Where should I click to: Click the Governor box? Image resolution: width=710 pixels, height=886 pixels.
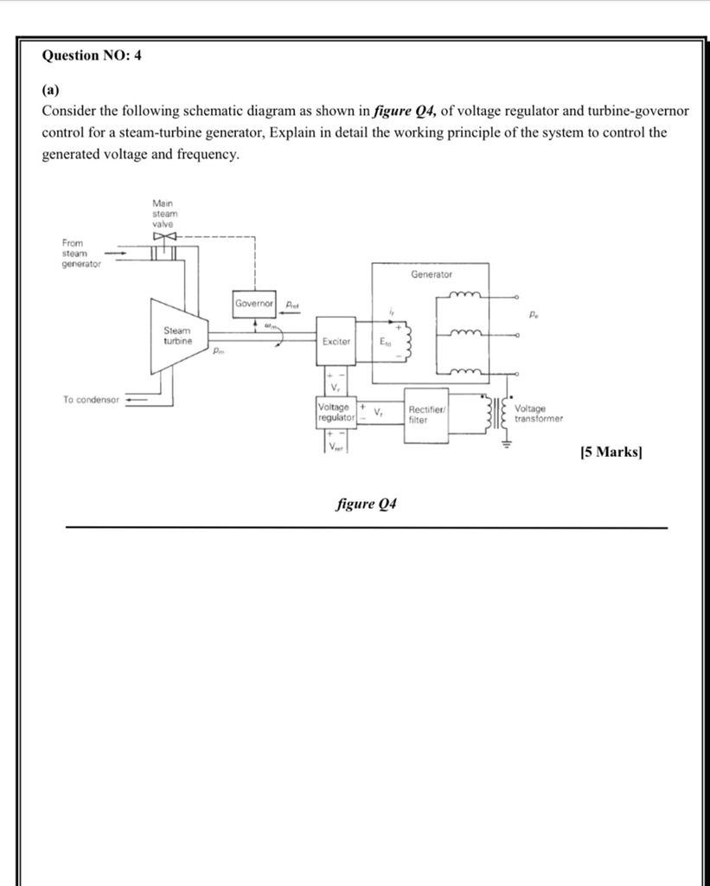(254, 305)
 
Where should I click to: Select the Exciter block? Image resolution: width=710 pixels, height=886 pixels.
(336, 342)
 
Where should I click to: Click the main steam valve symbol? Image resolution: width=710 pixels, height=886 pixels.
(163, 235)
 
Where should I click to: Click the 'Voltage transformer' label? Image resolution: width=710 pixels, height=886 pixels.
(538, 414)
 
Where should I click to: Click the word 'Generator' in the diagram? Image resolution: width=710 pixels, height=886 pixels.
(432, 274)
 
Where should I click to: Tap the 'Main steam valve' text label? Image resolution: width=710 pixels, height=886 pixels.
(164, 213)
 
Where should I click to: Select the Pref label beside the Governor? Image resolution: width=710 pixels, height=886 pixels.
(293, 305)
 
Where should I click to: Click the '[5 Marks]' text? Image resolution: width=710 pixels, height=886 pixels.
(611, 452)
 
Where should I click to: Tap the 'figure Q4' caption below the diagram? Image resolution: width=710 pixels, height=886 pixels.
(366, 504)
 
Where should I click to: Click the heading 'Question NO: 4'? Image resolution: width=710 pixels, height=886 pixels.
(92, 56)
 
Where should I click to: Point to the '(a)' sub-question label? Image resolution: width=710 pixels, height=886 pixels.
(52, 88)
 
